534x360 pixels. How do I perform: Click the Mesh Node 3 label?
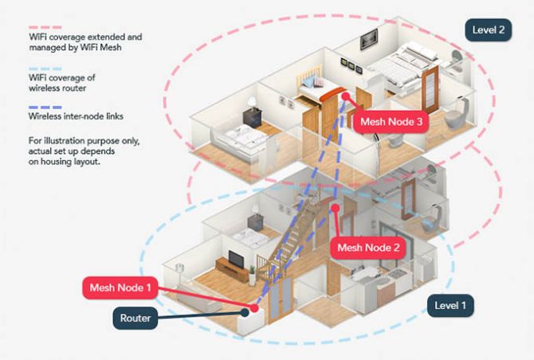[391, 122]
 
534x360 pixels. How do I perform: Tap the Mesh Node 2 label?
[367, 248]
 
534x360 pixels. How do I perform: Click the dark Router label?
[135, 319]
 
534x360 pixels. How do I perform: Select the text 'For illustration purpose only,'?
[85, 140]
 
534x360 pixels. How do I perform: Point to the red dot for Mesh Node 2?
[336, 209]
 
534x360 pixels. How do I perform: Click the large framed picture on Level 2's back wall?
[369, 37]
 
